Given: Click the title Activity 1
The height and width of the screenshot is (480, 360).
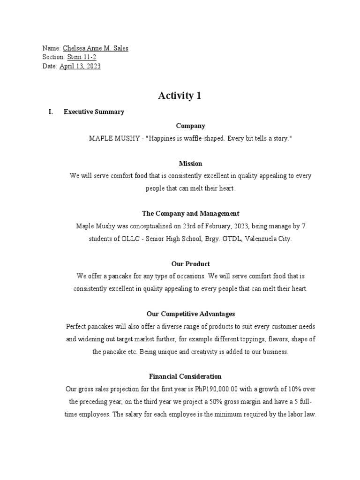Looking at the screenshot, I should point(180,96).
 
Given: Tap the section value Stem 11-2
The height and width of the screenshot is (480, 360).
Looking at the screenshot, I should point(82,57).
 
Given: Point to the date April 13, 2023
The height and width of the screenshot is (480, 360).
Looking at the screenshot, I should point(80,66).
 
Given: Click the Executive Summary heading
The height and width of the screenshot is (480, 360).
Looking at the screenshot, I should point(94,112).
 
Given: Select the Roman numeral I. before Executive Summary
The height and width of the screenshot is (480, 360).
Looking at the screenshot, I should point(51,112).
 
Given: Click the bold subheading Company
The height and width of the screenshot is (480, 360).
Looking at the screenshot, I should point(190,126).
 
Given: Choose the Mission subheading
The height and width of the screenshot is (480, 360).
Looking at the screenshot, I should point(190,164).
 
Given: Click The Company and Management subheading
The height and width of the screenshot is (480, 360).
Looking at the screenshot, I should point(190,214).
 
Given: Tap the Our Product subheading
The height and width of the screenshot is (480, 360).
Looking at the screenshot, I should point(190,264).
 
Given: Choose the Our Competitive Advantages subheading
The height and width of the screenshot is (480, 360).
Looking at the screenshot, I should point(190,314).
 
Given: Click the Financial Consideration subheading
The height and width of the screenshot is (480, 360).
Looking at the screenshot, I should point(185,376).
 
